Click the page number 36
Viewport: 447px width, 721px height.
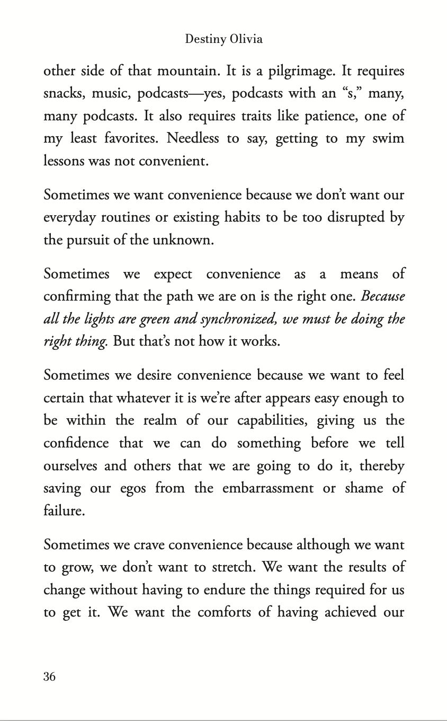point(49,676)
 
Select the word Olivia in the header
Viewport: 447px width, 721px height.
point(246,40)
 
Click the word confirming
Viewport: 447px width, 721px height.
point(76,297)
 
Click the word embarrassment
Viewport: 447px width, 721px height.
point(267,488)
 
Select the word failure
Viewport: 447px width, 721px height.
point(64,511)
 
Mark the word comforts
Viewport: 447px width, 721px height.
point(230,613)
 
